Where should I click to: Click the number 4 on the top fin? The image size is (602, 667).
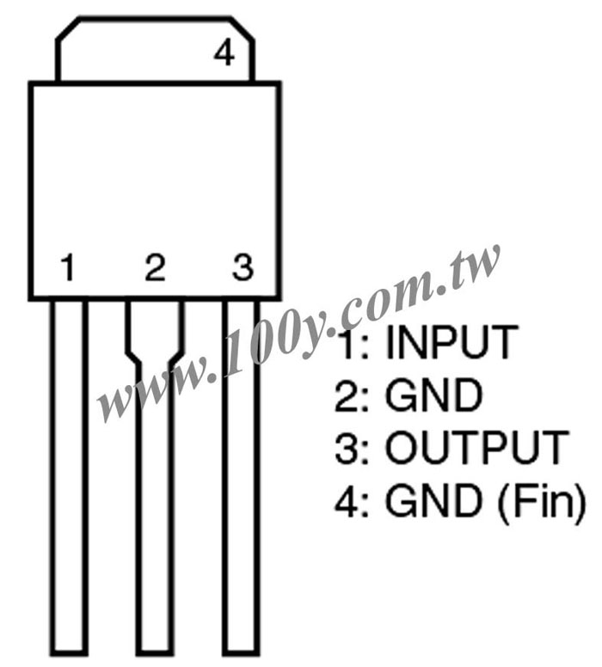(224, 53)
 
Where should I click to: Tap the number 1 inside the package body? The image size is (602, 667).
(68, 267)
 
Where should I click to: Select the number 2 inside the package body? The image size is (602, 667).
(155, 267)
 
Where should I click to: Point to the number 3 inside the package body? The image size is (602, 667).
(243, 267)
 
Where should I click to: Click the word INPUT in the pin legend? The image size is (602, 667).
(452, 342)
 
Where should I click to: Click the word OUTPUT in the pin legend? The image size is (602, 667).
(477, 448)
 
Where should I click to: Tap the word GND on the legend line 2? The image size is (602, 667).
(433, 395)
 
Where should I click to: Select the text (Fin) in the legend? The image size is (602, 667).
(542, 501)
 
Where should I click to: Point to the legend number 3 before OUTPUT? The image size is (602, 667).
(347, 448)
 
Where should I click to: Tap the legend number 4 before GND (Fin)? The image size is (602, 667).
(347, 501)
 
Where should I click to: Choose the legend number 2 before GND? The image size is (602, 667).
(347, 395)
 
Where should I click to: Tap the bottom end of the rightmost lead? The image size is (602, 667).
(241, 654)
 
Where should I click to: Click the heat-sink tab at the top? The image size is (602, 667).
(155, 49)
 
